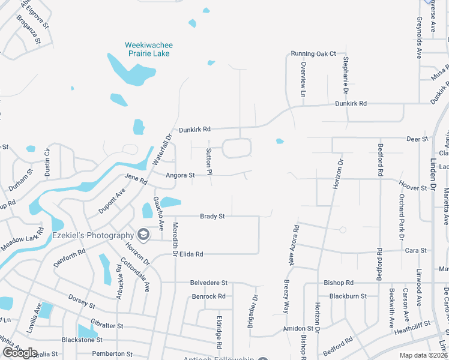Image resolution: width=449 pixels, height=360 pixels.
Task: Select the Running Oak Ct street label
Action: click(313, 53)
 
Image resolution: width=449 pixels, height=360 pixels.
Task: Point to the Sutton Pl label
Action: click(209, 159)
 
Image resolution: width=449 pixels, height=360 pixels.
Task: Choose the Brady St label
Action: click(212, 216)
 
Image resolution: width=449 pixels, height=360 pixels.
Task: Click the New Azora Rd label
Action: click(294, 245)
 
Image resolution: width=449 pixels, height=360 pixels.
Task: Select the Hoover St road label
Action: click(412, 188)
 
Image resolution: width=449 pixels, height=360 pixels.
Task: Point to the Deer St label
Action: click(417, 139)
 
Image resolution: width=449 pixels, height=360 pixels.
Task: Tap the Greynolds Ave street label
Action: click(419, 37)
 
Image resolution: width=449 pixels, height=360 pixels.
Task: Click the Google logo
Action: click(20, 353)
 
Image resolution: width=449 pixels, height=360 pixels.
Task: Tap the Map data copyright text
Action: click(423, 355)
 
